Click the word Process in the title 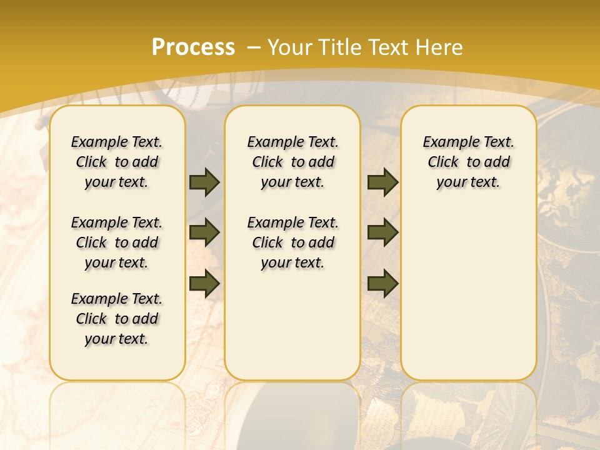[x=193, y=47]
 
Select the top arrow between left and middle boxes [x=204, y=182]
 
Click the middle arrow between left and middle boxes [x=204, y=232]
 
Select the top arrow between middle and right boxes [x=382, y=182]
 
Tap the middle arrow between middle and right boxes [x=382, y=232]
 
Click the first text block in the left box [x=117, y=162]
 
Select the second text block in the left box [x=117, y=242]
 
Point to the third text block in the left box [x=117, y=319]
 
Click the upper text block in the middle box [x=292, y=162]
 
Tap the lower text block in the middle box [x=292, y=242]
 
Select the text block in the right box [x=468, y=162]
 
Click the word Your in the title [x=290, y=47]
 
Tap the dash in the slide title [x=254, y=47]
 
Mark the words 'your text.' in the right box [x=468, y=182]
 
